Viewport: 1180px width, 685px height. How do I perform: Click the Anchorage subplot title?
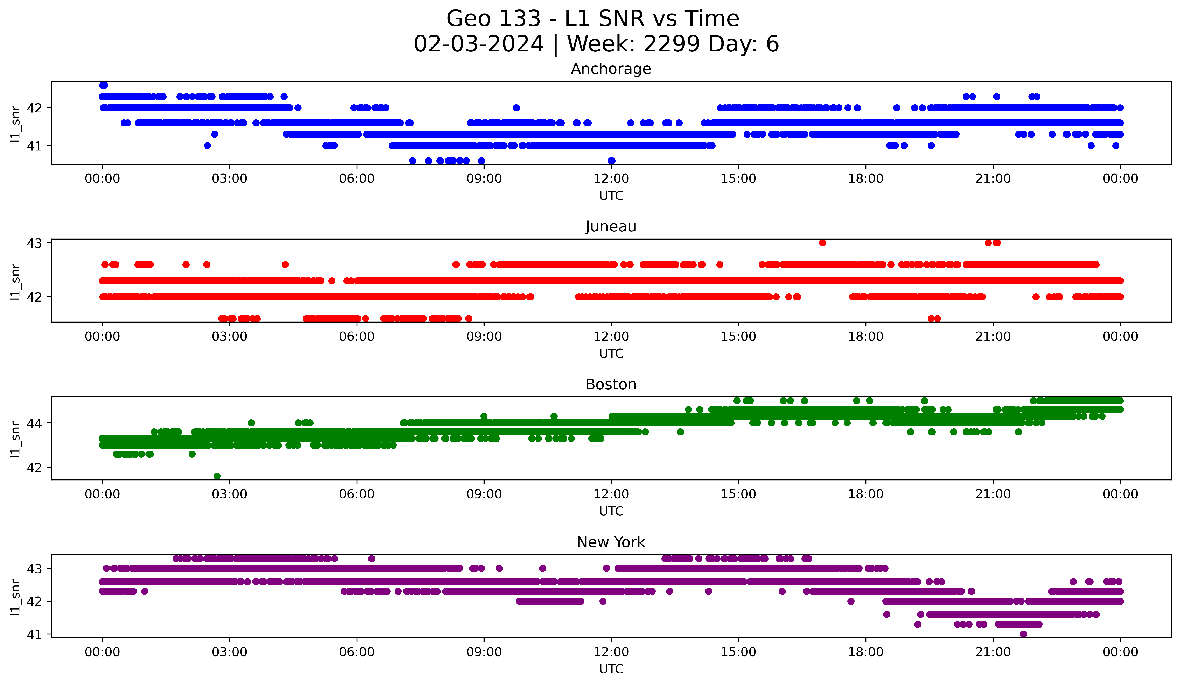pos(611,69)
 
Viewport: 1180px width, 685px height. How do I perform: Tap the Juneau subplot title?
pos(611,227)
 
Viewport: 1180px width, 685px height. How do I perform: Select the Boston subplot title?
pos(611,384)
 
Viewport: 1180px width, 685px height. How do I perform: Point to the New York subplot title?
pos(611,542)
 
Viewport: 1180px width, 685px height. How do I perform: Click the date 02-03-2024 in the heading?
pos(478,44)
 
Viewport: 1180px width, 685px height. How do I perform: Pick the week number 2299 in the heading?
pos(672,44)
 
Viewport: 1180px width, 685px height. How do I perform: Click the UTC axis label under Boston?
pos(611,511)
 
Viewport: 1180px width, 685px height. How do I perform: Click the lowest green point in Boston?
pos(217,476)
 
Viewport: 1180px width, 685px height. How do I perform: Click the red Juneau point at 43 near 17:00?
pos(823,243)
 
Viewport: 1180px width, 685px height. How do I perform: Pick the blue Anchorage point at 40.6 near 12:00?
pos(611,161)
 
